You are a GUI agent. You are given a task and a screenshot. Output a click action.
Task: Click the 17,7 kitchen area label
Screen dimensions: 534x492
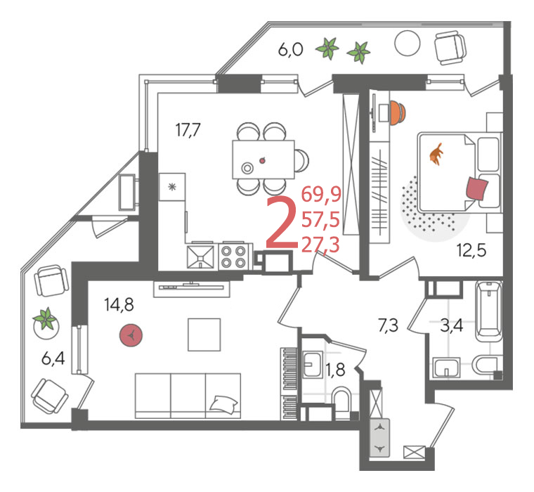pos(188,130)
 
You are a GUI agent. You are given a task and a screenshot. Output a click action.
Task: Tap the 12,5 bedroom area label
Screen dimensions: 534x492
pos(471,251)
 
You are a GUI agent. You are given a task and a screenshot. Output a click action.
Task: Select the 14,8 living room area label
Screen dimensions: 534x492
pos(119,304)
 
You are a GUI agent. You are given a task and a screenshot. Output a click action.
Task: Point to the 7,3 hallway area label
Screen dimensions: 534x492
pos(388,325)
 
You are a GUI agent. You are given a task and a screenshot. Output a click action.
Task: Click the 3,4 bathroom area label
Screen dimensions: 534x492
pos(452,325)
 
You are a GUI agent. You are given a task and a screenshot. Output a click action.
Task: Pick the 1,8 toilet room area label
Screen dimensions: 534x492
pos(336,370)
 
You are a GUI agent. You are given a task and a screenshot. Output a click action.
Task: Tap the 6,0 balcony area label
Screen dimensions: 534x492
pos(290,50)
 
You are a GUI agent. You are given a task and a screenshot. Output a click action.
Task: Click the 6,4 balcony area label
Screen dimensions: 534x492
pos(53,358)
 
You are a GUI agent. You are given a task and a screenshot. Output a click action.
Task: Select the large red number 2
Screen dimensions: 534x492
pos(282,223)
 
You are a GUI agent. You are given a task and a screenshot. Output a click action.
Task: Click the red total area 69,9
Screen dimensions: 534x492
pos(321,195)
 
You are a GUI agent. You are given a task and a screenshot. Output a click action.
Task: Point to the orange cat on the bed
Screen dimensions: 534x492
pos(436,154)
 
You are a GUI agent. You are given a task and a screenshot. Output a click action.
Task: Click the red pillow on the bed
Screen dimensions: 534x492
pos(477,188)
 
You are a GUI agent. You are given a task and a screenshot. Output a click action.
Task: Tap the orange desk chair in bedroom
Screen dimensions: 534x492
pos(398,112)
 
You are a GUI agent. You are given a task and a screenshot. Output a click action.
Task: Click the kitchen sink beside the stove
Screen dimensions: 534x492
pos(200,257)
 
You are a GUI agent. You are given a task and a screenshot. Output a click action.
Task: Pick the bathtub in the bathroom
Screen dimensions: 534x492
pos(489,311)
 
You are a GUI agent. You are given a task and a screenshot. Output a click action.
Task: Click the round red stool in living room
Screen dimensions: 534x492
pos(131,335)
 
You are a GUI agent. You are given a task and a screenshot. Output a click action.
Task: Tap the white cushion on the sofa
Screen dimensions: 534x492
pos(223,404)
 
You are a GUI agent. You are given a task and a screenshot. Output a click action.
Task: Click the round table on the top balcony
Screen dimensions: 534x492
pos(408,44)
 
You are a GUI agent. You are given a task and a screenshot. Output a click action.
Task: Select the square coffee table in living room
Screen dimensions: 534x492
pos(204,335)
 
